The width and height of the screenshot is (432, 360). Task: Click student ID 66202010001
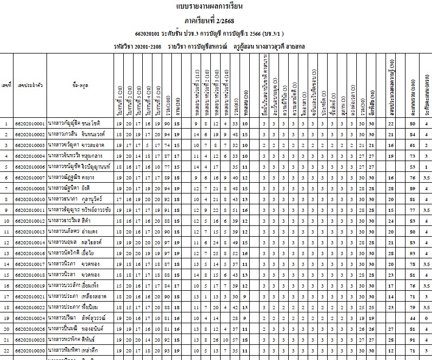pos(30,124)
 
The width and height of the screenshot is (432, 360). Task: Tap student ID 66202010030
pos(30,350)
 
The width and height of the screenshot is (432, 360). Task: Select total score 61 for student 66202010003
pos(413,145)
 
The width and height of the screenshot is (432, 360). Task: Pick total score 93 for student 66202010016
pos(413,252)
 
